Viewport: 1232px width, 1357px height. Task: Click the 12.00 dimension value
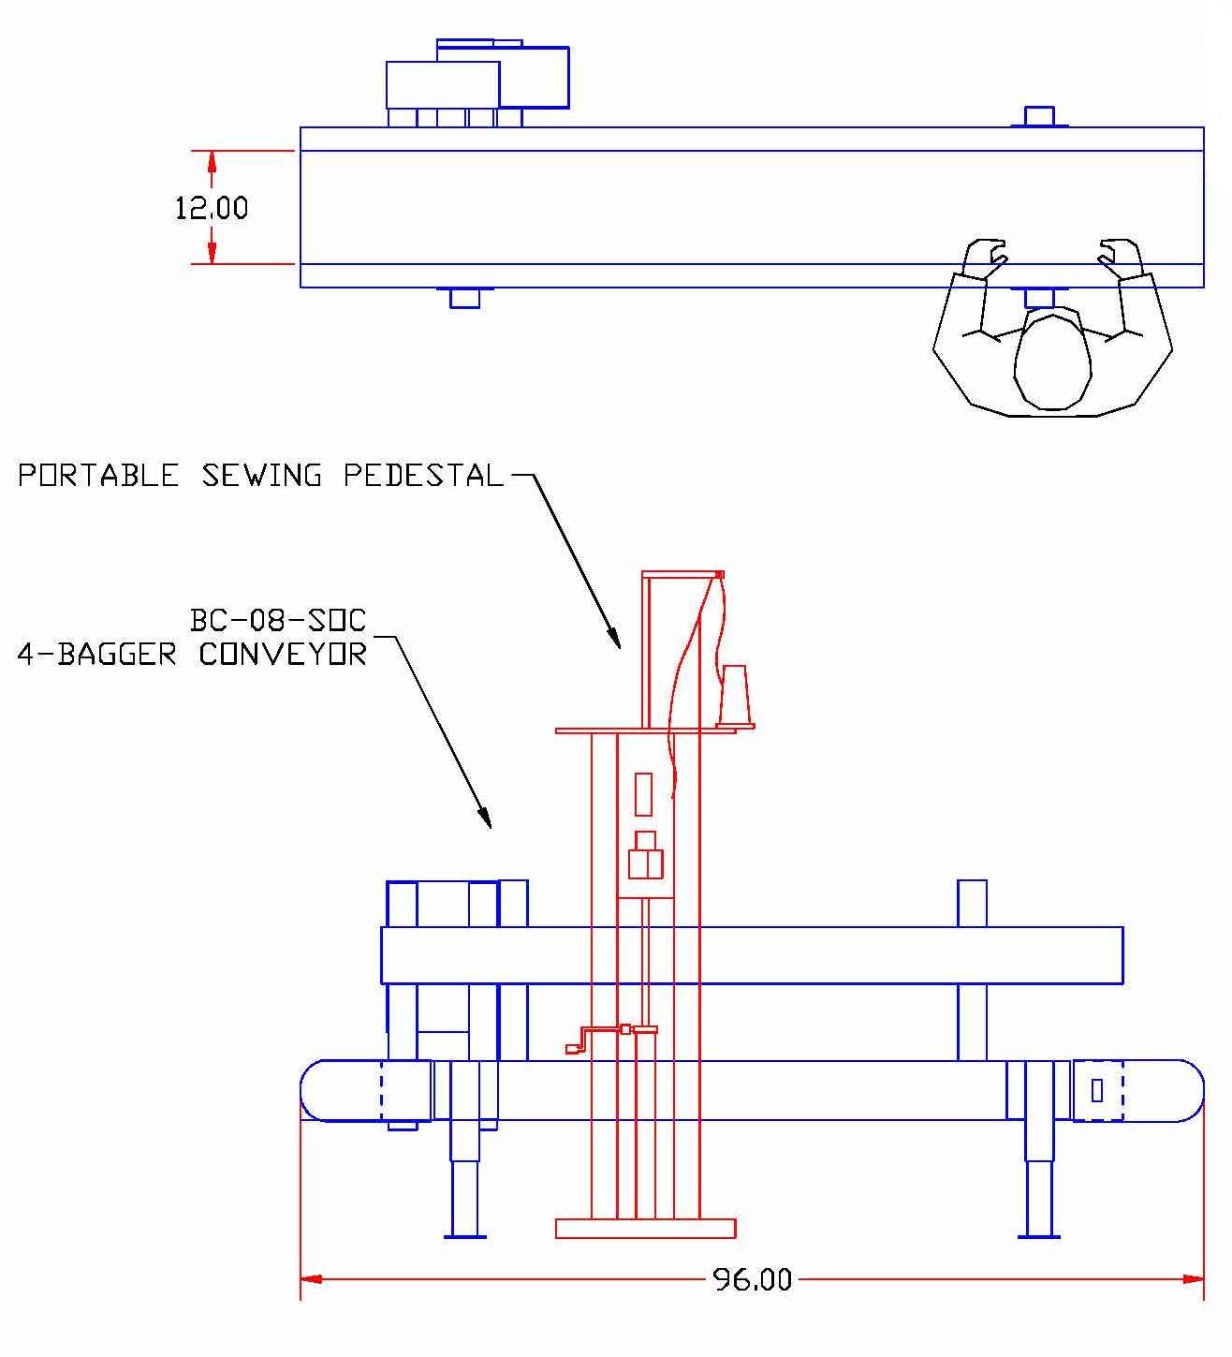click(212, 207)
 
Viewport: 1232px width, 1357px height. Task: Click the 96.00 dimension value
click(752, 1279)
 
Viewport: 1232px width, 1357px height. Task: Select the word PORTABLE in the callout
click(97, 476)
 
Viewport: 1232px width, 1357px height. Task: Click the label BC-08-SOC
click(278, 620)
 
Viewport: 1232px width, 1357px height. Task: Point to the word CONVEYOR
click(282, 654)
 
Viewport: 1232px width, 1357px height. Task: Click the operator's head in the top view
click(1053, 361)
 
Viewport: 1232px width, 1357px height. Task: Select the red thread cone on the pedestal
click(735, 696)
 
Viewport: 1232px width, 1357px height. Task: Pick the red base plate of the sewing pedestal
click(645, 1228)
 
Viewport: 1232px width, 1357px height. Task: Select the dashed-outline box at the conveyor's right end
click(1097, 1090)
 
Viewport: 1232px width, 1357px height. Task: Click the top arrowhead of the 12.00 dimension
click(212, 160)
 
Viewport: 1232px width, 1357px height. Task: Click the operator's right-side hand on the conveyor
click(1121, 257)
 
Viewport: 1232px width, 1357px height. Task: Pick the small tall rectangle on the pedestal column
click(643, 794)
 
